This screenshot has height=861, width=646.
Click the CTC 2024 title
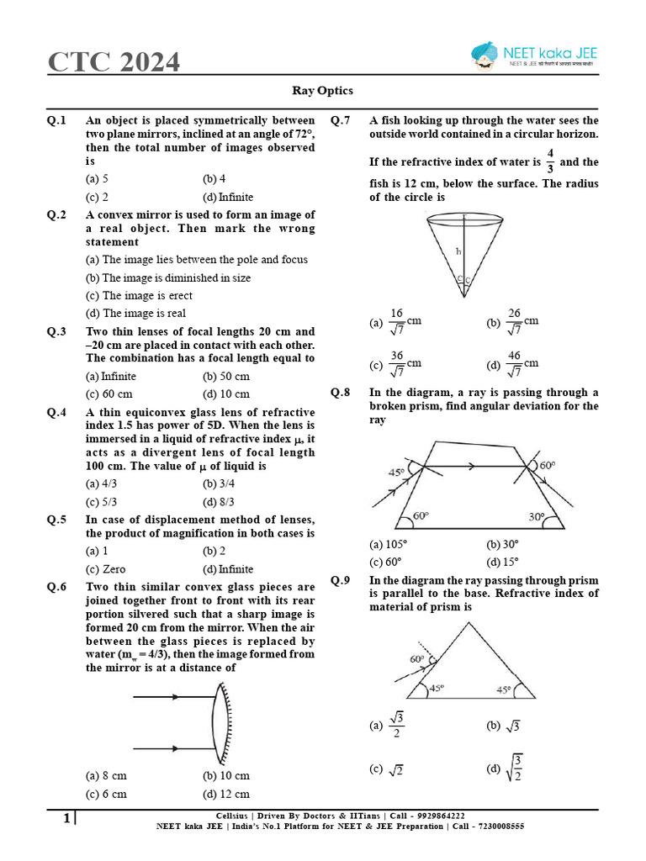(x=113, y=62)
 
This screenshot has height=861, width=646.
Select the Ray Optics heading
(x=322, y=91)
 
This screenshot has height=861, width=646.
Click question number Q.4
(x=57, y=412)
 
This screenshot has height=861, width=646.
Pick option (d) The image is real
(x=135, y=314)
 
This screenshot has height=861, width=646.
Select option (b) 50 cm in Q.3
(x=225, y=376)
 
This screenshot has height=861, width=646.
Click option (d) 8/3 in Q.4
(x=220, y=502)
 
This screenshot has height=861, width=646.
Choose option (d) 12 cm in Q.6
(x=225, y=794)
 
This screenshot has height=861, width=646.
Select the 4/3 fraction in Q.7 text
(x=550, y=161)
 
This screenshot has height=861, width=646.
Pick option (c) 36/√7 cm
(x=394, y=364)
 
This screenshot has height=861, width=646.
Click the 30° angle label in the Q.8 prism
(x=536, y=516)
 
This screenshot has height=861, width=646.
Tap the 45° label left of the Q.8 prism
(x=395, y=473)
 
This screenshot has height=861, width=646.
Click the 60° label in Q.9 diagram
(x=416, y=659)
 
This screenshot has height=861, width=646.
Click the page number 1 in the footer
(x=66, y=818)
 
